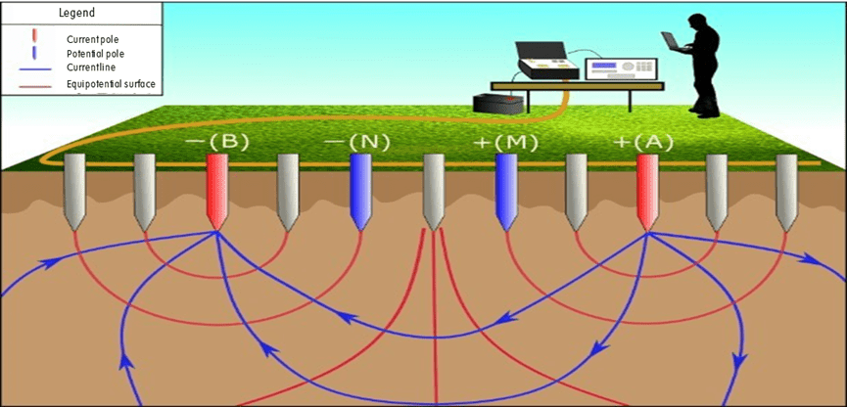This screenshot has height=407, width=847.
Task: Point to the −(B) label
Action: (218, 142)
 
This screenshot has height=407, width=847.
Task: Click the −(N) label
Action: (357, 142)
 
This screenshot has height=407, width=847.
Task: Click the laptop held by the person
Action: (674, 40)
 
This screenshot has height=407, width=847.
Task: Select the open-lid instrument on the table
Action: (543, 63)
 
